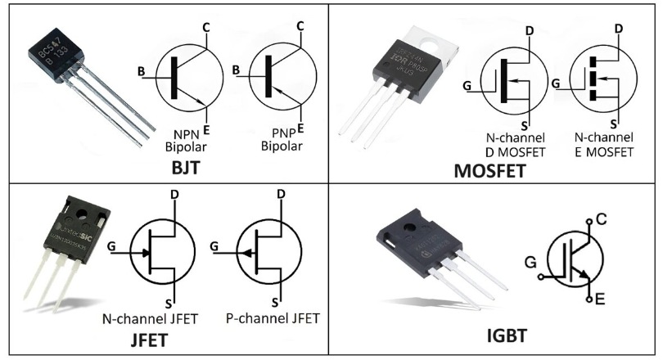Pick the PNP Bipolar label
(x=282, y=141)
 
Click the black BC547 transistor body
(x=56, y=59)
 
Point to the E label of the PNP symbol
(x=301, y=128)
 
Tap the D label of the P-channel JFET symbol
(x=281, y=195)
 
